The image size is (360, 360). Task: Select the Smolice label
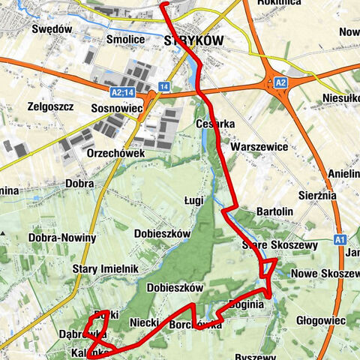(x=125, y=40)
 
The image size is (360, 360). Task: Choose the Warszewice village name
(x=259, y=146)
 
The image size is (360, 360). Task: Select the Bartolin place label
(x=274, y=212)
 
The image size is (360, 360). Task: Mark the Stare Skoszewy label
(x=270, y=245)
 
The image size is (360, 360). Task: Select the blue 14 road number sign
(x=164, y=87)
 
